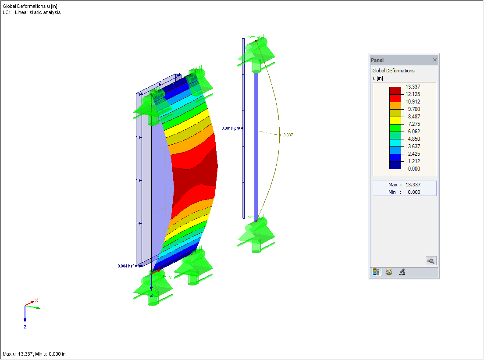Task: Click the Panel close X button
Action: coord(434,60)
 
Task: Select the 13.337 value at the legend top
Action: coord(413,87)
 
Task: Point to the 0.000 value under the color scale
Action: coord(413,168)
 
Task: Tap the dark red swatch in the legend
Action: coord(395,90)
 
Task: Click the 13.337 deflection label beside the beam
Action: coord(287,135)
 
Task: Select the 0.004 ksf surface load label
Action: coord(125,266)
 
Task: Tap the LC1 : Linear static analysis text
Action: coord(32,12)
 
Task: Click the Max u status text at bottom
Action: coord(34,354)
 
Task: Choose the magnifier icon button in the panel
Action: coord(431,260)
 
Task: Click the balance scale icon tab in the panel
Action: coord(389,272)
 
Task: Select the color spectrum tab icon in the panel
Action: coord(376,272)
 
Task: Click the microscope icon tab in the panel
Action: coord(402,272)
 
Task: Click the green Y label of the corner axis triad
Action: coord(44,310)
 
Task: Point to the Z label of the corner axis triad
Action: coord(25,327)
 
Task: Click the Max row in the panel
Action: coord(404,185)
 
